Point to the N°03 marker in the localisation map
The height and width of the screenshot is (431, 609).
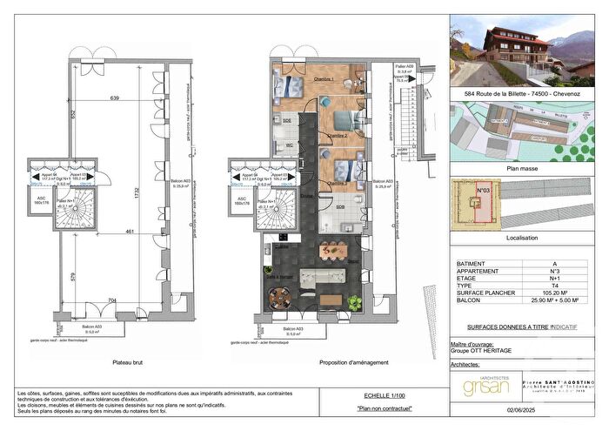484,189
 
